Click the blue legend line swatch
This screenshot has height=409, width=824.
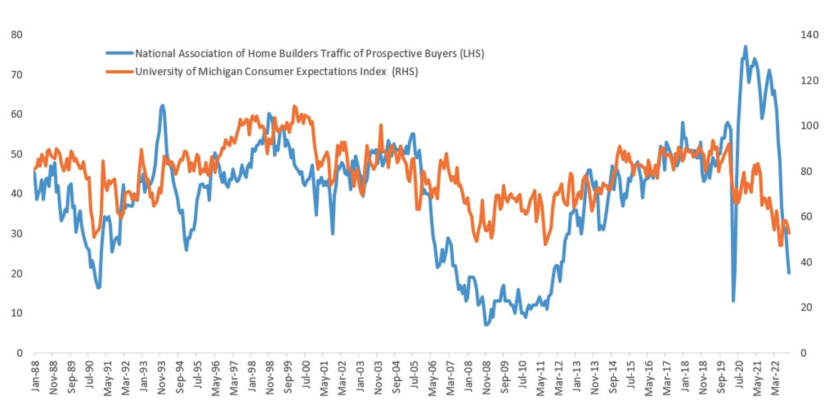(120, 53)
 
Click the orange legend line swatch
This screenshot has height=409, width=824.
(120, 72)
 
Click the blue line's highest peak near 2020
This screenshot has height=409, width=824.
(745, 46)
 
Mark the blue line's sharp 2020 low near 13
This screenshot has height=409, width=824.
(733, 300)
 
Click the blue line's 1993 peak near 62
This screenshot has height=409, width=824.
(162, 105)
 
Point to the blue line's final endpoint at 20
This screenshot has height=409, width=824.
(789, 273)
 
